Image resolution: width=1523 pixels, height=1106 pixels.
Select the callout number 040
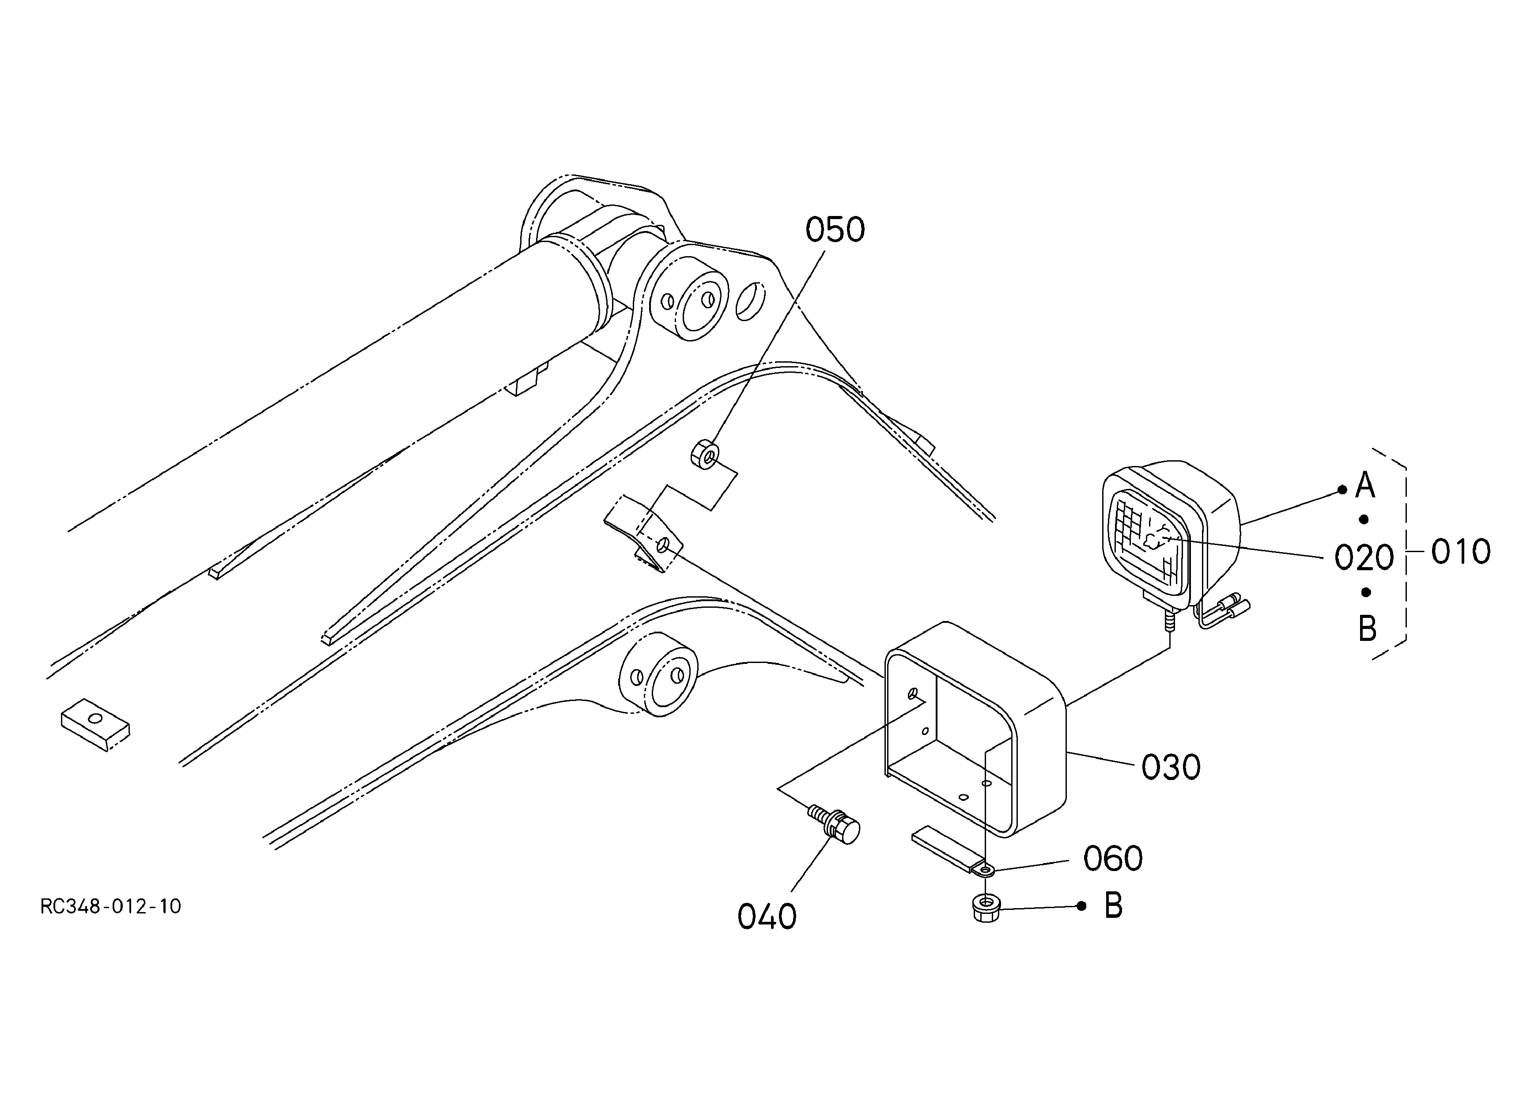click(767, 917)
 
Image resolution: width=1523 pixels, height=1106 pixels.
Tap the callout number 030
click(1171, 768)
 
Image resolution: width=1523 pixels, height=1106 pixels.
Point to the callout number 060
click(1113, 859)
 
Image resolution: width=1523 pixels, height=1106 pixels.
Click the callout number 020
click(1364, 557)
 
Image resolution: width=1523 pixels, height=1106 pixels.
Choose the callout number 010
click(1461, 552)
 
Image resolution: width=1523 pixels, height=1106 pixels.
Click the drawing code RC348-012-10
click(111, 906)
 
